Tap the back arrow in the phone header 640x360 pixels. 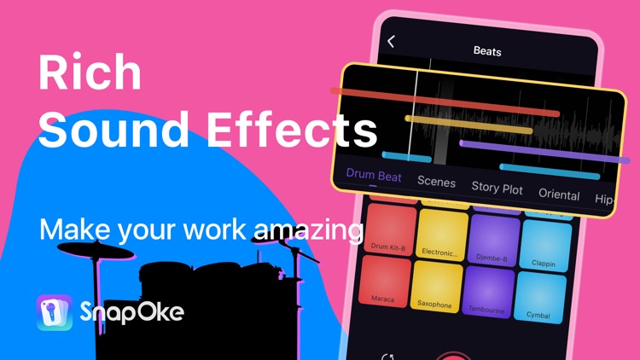pos(392,41)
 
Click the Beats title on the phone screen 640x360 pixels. pos(487,51)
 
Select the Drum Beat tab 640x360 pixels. pos(374,175)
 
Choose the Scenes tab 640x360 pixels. pos(436,182)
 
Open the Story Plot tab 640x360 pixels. pos(497,188)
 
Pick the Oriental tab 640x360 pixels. pos(559,194)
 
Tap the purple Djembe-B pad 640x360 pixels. pos(494,242)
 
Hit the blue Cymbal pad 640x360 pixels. pos(538,299)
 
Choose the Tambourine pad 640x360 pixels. pos(489,293)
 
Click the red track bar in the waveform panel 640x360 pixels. pos(445,102)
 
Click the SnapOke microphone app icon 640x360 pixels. pos(55,312)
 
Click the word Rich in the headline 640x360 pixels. pos(90,73)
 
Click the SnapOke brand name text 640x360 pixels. pos(131,313)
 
